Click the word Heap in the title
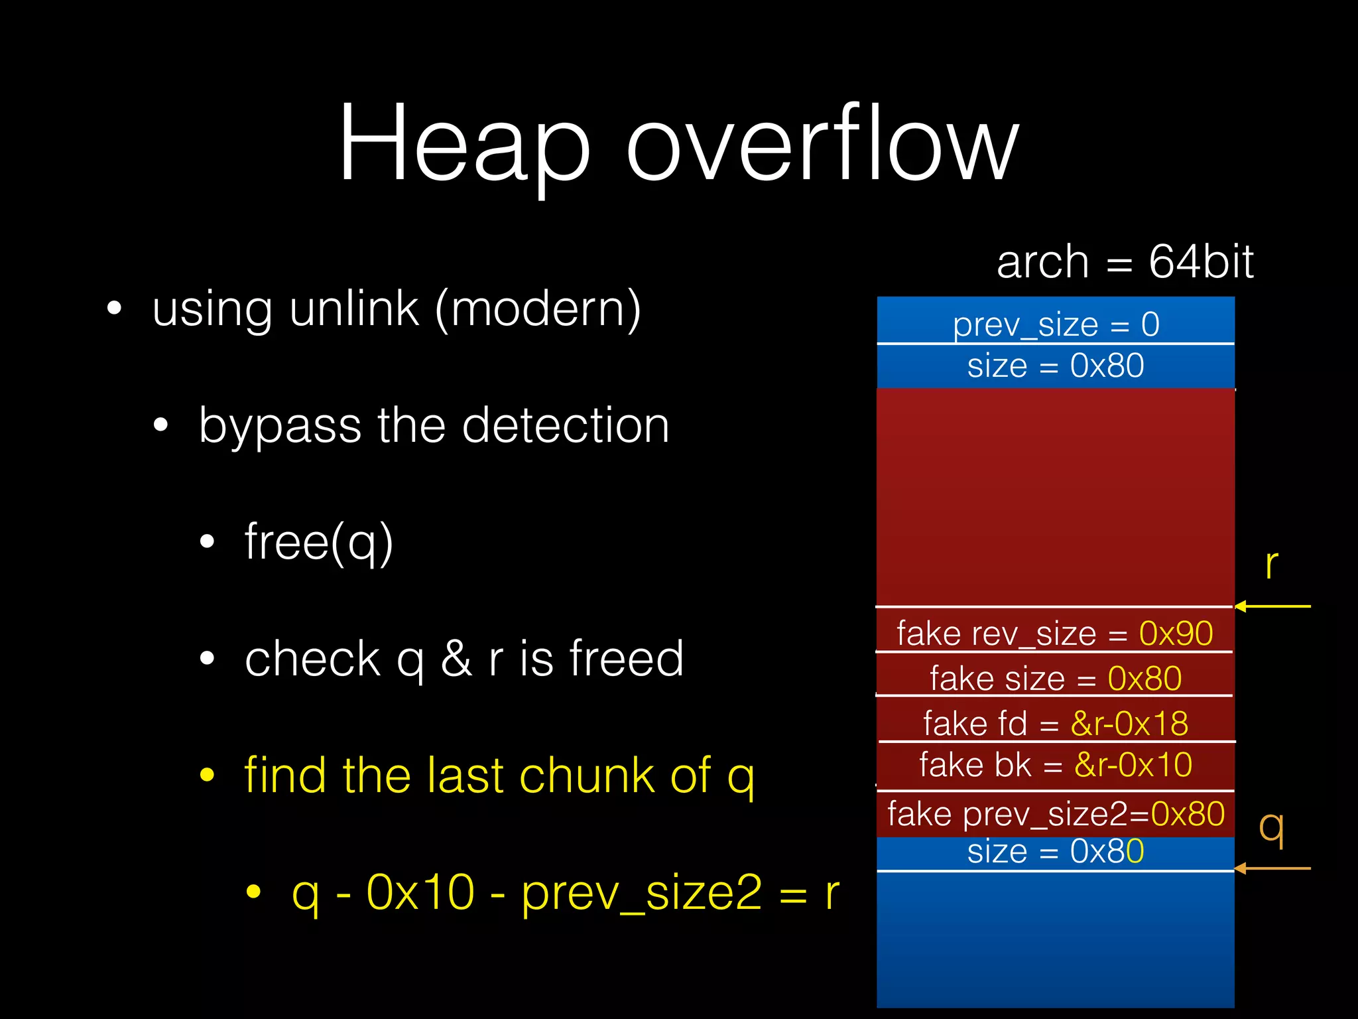click(x=464, y=143)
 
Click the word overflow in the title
click(x=822, y=143)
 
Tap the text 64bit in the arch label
click(x=1201, y=261)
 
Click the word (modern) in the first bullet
click(x=538, y=310)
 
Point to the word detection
click(x=566, y=425)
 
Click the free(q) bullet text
click(x=319, y=542)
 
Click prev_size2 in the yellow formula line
click(x=641, y=893)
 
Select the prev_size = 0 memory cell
click(x=1056, y=324)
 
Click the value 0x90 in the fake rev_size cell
click(x=1176, y=634)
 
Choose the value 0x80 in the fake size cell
click(x=1144, y=679)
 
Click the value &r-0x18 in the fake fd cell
click(x=1129, y=723)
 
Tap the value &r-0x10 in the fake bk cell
click(x=1133, y=765)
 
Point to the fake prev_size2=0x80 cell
click(x=1056, y=814)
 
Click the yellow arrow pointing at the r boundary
click(x=1272, y=606)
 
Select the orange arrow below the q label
click(x=1272, y=868)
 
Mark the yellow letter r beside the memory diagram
click(x=1271, y=565)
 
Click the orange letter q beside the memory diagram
click(x=1272, y=829)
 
